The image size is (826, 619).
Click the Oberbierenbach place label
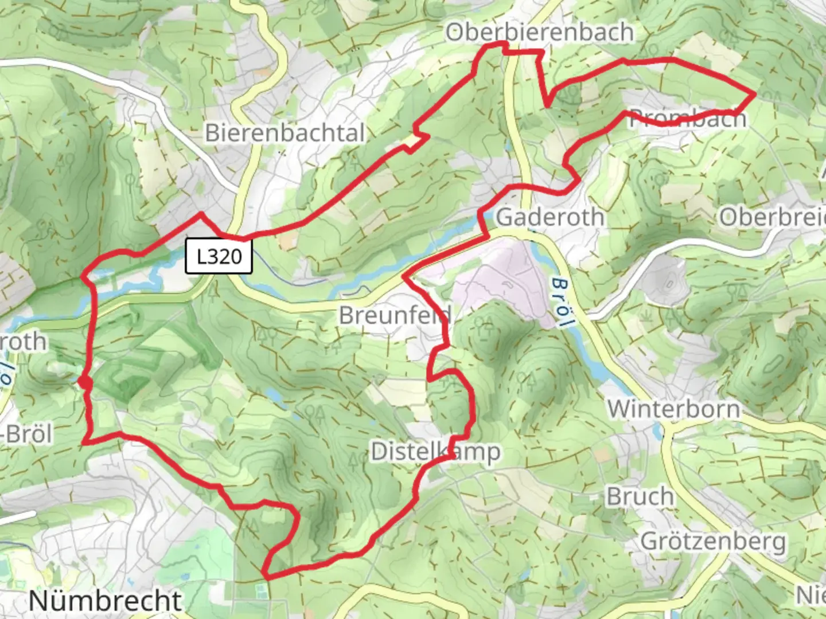[x=539, y=33]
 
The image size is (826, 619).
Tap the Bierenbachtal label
[x=285, y=133]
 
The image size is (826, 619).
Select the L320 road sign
[x=219, y=256]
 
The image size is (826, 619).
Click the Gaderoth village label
[x=550, y=217]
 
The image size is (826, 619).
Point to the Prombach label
[x=688, y=118]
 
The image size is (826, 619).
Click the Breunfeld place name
[x=395, y=315]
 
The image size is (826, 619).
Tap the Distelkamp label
[x=435, y=452]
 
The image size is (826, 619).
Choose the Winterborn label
[x=673, y=409]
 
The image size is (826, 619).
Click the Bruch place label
[x=640, y=496]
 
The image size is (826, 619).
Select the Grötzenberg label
[x=712, y=540]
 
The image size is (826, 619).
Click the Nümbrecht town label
[x=105, y=600]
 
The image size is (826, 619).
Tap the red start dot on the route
[x=85, y=382]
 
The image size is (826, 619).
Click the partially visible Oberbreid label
[x=772, y=217]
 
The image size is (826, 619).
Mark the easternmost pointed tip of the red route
[x=754, y=93]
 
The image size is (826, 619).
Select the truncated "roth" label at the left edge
[x=23, y=342]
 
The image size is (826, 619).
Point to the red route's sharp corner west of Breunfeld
[x=405, y=277]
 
